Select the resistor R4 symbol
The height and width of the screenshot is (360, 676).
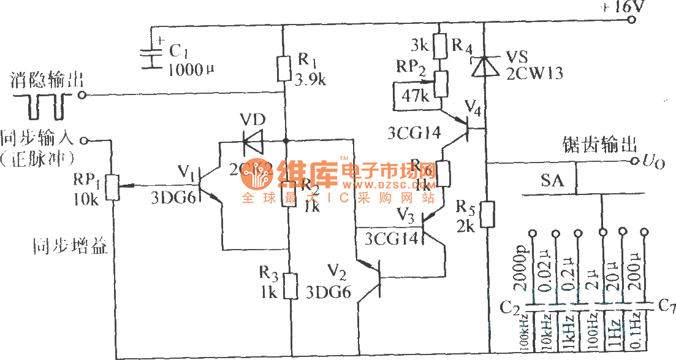click(x=439, y=45)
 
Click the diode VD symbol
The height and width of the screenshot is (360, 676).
click(x=253, y=142)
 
